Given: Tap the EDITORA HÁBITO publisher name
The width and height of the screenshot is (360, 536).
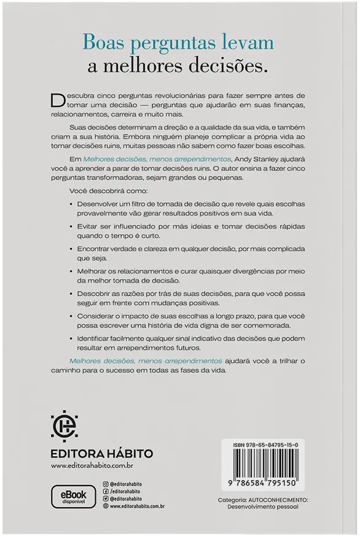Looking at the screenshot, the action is [x=93, y=454].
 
